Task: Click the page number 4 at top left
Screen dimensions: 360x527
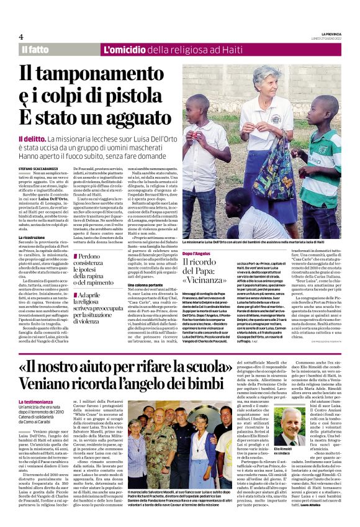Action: coord(21,37)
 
